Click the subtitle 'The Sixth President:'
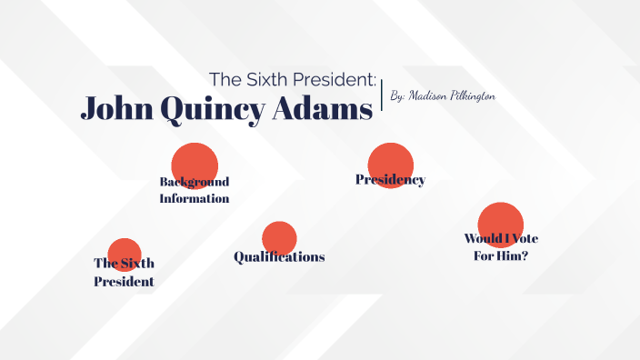pos(293,79)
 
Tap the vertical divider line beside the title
pos(382,95)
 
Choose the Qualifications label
pos(279,257)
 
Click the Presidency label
pos(390,180)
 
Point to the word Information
pos(195,198)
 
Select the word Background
pos(195,181)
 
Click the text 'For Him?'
pos(501,255)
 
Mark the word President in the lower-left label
pos(124,282)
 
